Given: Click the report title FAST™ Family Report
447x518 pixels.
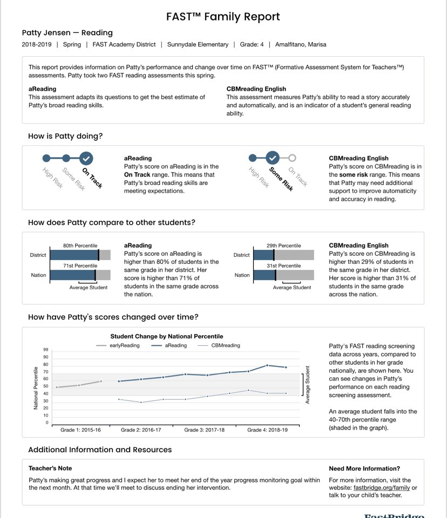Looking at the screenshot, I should (x=223, y=17).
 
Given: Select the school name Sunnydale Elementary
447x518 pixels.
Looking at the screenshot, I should (x=198, y=44).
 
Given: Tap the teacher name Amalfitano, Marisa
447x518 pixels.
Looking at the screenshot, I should (x=301, y=44).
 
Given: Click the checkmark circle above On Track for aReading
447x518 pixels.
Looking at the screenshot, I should (x=86, y=158).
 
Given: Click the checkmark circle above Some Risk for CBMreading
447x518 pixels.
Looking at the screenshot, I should (x=273, y=158).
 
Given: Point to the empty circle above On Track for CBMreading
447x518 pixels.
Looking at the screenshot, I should (x=292, y=158).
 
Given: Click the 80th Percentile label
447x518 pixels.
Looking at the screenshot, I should (x=80, y=246).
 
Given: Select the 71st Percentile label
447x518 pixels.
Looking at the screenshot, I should (x=80, y=265).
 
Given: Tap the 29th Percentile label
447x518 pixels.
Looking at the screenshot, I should (x=284, y=246).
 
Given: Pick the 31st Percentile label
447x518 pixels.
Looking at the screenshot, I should (x=284, y=265).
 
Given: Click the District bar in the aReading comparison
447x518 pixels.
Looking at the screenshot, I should (x=80, y=255).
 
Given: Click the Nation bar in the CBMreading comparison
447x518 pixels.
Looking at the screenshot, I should (x=283, y=275).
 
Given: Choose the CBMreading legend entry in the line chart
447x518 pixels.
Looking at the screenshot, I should (x=225, y=345).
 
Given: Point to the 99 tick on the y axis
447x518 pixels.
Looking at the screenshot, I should (x=45, y=350).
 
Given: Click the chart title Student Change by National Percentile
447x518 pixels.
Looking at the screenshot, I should (x=166, y=336).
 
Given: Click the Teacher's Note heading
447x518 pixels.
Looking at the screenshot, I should (x=50, y=468).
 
